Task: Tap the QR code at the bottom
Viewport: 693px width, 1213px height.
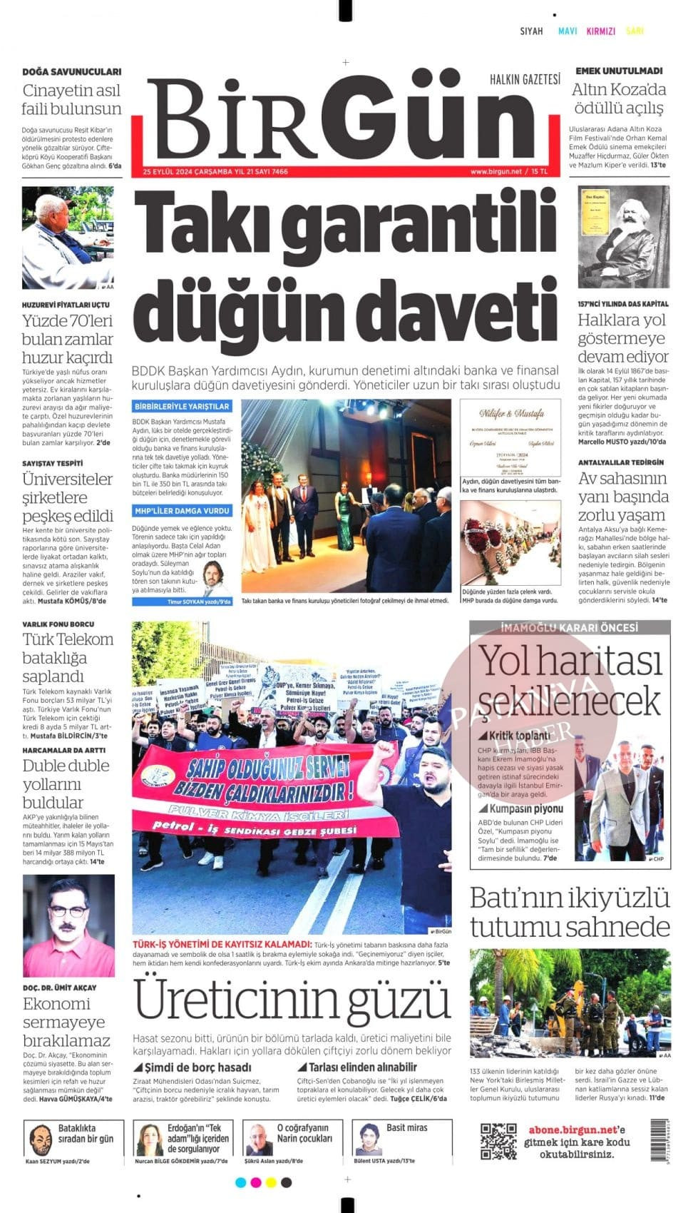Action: click(x=498, y=1141)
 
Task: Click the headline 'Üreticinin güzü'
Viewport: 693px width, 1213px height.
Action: click(x=292, y=1000)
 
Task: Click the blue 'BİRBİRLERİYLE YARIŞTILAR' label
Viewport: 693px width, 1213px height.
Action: click(x=182, y=406)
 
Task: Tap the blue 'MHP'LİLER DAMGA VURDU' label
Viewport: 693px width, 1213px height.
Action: click(x=182, y=511)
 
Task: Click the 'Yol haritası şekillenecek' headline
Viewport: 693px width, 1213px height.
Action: click(x=570, y=680)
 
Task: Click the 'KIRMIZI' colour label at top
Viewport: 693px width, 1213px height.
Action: click(x=600, y=31)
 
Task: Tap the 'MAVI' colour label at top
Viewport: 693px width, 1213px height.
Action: click(x=568, y=31)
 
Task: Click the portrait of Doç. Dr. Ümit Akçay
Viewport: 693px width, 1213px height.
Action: click(x=68, y=925)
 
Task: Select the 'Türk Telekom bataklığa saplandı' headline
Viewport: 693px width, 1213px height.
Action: click(x=68, y=657)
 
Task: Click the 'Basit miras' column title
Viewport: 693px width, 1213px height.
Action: click(x=406, y=1128)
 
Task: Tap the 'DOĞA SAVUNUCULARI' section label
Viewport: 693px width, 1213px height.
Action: click(x=71, y=71)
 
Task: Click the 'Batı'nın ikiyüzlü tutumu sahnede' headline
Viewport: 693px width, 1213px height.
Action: click(x=570, y=912)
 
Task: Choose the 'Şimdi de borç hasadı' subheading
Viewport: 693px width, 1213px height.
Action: click(x=197, y=1067)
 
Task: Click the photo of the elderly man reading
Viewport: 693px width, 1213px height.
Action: click(x=68, y=238)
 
